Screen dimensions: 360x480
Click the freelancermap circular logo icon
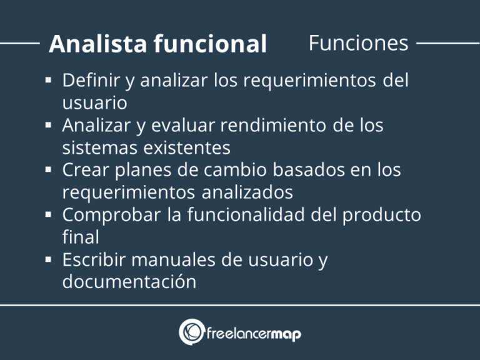(x=191, y=332)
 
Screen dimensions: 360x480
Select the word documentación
(x=129, y=281)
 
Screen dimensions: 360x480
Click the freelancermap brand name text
(x=254, y=334)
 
